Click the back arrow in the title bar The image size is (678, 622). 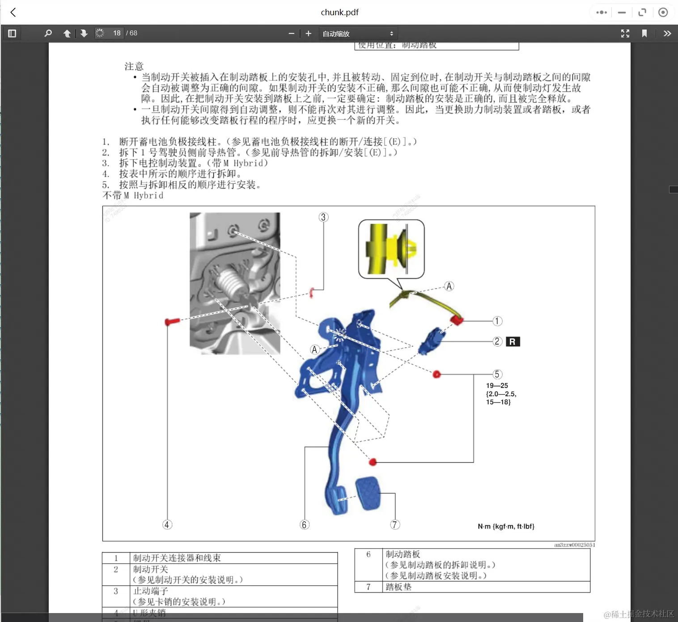coord(13,13)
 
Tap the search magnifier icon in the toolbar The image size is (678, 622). coord(48,34)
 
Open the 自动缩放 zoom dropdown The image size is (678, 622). coord(358,34)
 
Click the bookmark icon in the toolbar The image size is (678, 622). coord(644,34)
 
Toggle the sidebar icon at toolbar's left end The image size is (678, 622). coord(12,34)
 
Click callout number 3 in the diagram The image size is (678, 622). coord(323,217)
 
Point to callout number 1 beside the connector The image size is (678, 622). coord(497,321)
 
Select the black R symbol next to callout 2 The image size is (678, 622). coord(513,342)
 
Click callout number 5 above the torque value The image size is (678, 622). coord(497,375)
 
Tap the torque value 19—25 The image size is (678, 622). coord(497,386)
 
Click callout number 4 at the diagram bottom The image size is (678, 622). coord(167,524)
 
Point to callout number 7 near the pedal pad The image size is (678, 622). coord(394,524)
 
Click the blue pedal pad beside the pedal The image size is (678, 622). coord(369,493)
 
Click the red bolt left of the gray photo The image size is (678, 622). coord(172,321)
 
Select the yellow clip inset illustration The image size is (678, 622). coord(391,249)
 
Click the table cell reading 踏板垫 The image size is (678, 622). coord(398,587)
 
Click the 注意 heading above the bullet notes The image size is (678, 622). coord(134,67)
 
